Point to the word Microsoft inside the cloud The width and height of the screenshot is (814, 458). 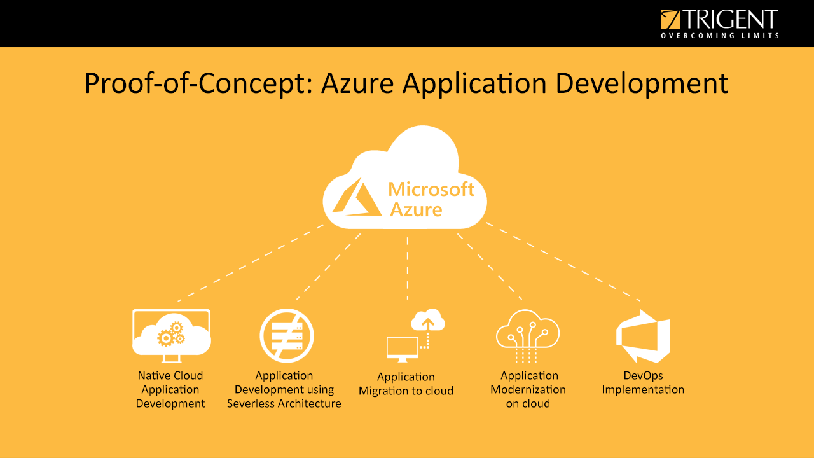click(431, 189)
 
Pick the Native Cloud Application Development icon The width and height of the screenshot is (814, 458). click(171, 332)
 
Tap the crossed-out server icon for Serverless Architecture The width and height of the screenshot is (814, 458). click(287, 336)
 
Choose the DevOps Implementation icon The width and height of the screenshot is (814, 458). click(644, 337)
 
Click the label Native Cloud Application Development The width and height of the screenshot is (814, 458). click(170, 389)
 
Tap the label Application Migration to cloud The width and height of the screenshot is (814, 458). click(406, 384)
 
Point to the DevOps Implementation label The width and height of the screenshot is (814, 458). click(643, 382)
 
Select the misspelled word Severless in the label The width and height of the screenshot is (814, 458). click(251, 403)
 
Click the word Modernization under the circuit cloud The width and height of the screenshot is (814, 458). click(528, 389)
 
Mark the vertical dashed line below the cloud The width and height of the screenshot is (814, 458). click(408, 267)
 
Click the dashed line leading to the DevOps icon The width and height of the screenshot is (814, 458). click(563, 261)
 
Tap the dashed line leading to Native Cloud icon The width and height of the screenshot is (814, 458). click(251, 262)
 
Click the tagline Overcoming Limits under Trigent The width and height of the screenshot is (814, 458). click(719, 36)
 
